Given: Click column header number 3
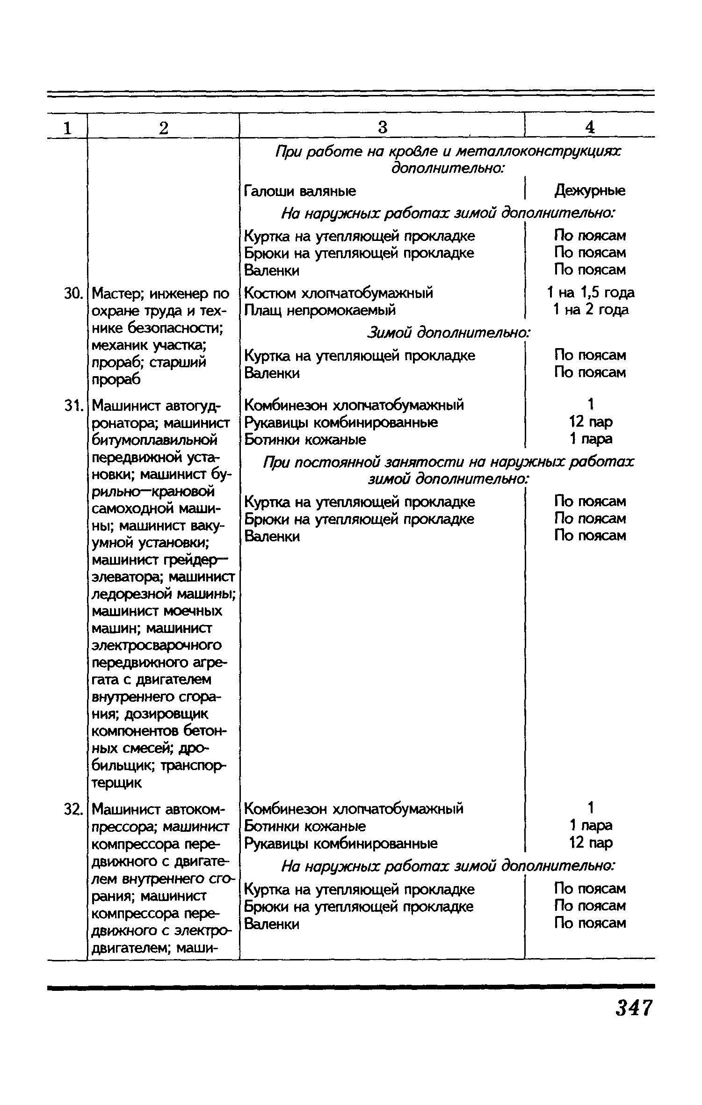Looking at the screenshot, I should [382, 127].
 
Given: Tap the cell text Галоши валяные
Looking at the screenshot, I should [300, 191].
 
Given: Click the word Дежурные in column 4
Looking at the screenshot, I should [590, 191].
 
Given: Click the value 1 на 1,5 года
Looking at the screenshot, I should [590, 293].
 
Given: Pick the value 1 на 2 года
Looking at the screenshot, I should [590, 310].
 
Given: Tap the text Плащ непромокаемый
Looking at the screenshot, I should [320, 310].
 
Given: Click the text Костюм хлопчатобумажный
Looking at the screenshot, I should [339, 293].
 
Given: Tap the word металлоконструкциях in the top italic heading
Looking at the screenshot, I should [538, 152].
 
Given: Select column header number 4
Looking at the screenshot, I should [590, 127].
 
